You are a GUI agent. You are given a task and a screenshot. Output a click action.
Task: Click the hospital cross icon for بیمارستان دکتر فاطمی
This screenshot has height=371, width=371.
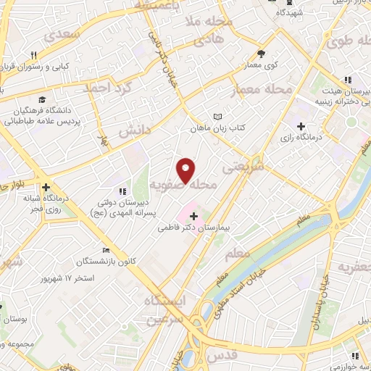click(193, 216)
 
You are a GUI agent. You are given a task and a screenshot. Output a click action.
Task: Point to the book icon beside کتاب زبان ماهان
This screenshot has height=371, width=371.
click(218, 117)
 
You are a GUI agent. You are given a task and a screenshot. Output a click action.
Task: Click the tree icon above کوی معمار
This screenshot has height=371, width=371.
click(261, 53)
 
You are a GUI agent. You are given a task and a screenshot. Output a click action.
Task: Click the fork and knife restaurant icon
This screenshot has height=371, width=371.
click(33, 55)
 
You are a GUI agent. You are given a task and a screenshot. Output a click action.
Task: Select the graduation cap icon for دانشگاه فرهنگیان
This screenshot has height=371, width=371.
click(42, 99)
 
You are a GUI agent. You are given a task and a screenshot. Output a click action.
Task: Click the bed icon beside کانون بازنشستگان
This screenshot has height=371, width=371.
click(107, 251)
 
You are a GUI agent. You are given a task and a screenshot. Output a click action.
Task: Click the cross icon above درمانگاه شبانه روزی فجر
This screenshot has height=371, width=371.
click(45, 185)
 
